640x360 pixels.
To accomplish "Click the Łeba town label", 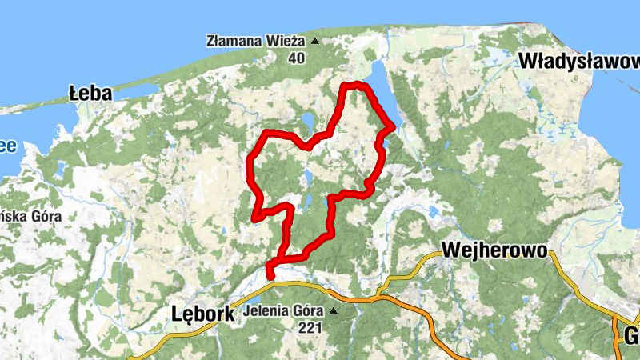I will pos(90,94).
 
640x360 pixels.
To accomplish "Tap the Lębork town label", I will pos(203,314).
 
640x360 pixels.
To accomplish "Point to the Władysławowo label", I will pos(578,61).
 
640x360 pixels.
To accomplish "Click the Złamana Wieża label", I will pos(255,40).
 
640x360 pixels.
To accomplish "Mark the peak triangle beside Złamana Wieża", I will pos(314,40).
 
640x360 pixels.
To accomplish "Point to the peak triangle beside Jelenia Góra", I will pos(334,310).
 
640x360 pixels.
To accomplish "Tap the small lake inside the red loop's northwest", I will pos(306,122).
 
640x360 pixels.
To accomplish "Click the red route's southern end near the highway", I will pos(269,278).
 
